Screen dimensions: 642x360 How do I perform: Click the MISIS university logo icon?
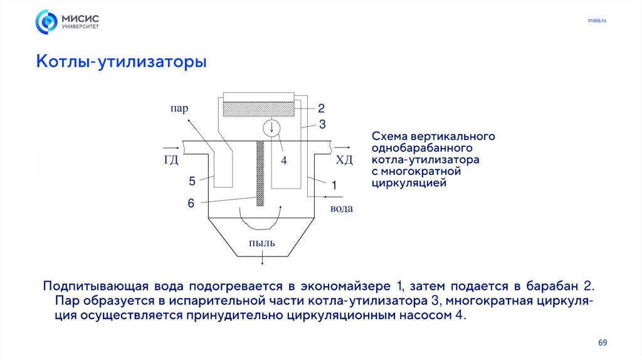click(46, 22)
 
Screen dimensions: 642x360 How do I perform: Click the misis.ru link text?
click(597, 21)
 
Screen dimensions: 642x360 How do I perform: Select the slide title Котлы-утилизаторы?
click(121, 63)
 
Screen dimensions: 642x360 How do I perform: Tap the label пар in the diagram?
click(179, 108)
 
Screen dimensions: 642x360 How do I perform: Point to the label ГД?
click(171, 160)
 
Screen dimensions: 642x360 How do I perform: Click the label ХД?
click(345, 160)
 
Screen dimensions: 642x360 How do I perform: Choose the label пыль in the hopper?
click(262, 243)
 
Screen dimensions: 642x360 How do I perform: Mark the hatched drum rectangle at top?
click(258, 109)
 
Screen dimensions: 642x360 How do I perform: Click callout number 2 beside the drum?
click(320, 107)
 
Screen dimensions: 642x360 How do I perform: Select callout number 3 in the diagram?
click(322, 125)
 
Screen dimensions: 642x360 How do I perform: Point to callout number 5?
click(192, 182)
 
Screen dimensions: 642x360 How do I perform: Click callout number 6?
click(191, 203)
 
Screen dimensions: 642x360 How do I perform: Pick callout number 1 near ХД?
click(334, 186)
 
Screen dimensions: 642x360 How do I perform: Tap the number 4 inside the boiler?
click(283, 161)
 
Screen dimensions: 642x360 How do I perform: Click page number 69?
click(603, 342)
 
